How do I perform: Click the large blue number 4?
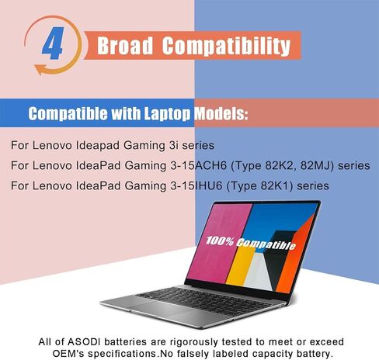[53, 43]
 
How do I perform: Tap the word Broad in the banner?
[125, 46]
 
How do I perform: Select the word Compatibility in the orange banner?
[226, 46]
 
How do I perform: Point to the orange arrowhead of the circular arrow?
[40, 70]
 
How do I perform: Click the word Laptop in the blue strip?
[167, 113]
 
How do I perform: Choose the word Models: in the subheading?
[221, 113]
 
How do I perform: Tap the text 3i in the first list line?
[173, 145]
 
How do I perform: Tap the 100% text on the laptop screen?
[220, 241]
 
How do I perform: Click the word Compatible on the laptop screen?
[266, 244]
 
